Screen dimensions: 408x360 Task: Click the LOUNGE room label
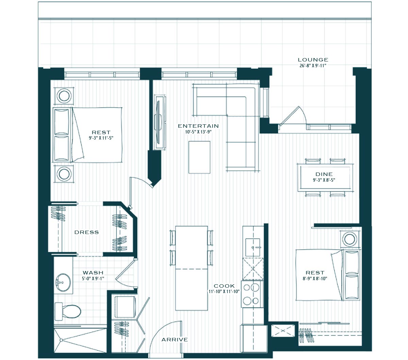click(313, 60)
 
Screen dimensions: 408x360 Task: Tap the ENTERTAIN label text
click(198, 126)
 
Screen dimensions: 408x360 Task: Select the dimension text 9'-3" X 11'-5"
click(101, 138)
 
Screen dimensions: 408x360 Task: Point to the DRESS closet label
click(87, 232)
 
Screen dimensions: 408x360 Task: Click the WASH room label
click(93, 273)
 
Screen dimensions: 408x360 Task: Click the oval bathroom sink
click(63, 282)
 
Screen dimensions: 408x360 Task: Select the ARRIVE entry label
click(175, 340)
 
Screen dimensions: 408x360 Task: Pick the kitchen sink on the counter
click(253, 247)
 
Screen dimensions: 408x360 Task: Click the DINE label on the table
click(324, 174)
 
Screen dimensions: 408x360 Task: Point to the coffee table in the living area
click(199, 157)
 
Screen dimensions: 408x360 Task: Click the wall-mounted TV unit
click(160, 122)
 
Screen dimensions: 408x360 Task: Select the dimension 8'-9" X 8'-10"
click(315, 278)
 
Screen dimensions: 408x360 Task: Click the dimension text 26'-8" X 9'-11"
click(313, 66)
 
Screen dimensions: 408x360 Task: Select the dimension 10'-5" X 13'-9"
click(198, 132)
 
